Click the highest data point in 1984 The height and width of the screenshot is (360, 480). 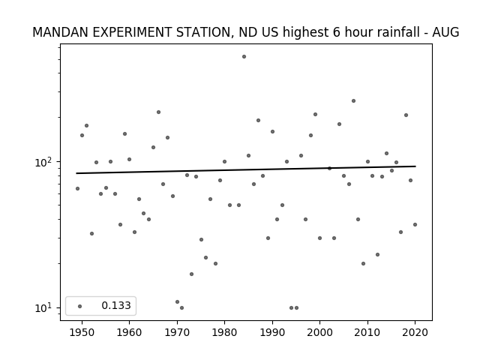click(x=244, y=57)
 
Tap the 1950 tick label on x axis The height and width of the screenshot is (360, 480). click(x=82, y=332)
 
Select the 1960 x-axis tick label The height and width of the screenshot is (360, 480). click(x=129, y=332)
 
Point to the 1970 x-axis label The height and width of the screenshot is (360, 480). click(x=177, y=332)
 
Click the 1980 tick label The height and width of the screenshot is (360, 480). click(x=224, y=332)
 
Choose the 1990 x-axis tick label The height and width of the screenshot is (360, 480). click(x=272, y=332)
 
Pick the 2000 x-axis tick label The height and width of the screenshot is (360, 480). click(x=319, y=332)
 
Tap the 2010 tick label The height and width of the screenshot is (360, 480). click(x=367, y=332)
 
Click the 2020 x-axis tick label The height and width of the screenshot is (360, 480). click(x=415, y=332)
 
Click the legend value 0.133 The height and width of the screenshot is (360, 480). click(x=116, y=305)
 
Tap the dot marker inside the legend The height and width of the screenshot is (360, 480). click(x=80, y=306)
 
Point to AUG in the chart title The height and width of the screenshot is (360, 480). click(x=445, y=32)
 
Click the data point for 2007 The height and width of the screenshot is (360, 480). click(x=353, y=100)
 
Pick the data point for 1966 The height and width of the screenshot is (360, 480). click(x=158, y=112)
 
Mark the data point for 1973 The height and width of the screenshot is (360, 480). click(x=192, y=274)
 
